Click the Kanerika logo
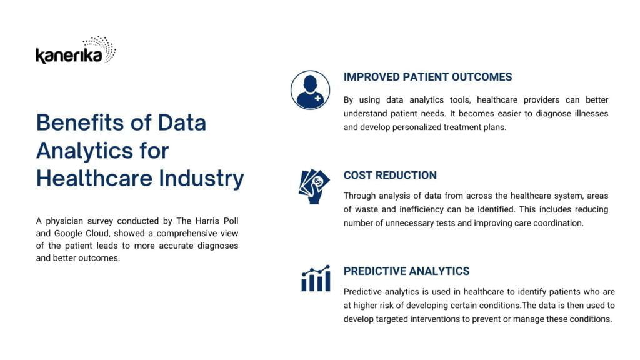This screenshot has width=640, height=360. coord(76,50)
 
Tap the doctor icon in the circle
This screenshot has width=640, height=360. coord(310,90)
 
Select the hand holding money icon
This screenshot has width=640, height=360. coord(314,186)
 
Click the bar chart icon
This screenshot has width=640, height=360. coord(316,278)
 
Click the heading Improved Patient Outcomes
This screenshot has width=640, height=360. coord(427,77)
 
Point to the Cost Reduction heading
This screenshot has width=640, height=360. coord(390,175)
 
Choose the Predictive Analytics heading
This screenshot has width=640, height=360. coord(406,271)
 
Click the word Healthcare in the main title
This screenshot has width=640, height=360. coord(94,178)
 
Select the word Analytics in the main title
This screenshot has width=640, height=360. coord(84,151)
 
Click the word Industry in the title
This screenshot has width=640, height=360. coord(201,179)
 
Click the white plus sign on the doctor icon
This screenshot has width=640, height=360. coord(317,98)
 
